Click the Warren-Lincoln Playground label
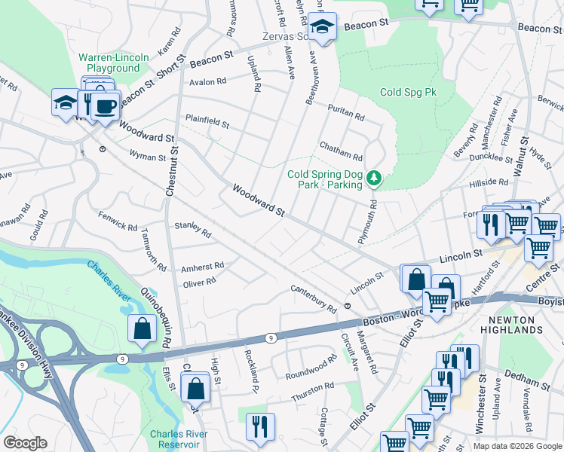click(109, 63)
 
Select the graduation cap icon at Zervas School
click(323, 28)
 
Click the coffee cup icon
click(106, 106)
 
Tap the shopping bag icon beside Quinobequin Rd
click(142, 328)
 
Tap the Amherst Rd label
click(202, 267)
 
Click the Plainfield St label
click(207, 120)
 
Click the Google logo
click(24, 443)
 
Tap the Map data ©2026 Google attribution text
click(517, 446)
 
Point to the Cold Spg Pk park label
click(408, 92)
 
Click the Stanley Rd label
click(192, 228)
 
